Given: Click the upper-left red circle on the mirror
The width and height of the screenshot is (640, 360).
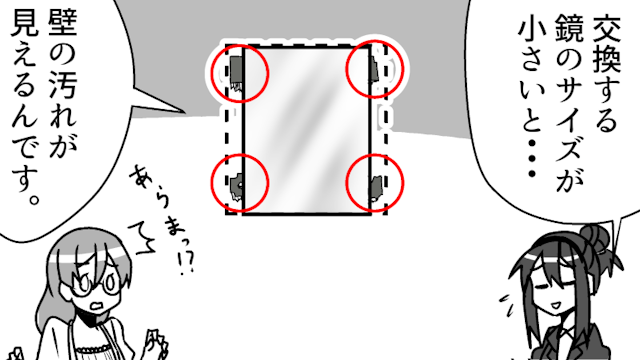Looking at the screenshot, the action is (x=212, y=73).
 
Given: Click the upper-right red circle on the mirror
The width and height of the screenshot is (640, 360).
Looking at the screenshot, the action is (x=346, y=69).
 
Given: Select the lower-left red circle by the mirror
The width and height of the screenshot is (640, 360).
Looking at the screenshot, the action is (x=211, y=182).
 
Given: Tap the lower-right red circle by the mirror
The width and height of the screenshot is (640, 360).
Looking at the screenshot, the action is (x=346, y=182).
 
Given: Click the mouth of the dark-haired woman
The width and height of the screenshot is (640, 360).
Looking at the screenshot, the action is (x=557, y=305).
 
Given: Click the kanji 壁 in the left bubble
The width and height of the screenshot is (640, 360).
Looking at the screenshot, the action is (x=62, y=23).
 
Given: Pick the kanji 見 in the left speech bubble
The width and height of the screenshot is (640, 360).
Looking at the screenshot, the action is (x=24, y=23).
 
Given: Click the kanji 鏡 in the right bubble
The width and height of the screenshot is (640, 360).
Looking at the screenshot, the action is (x=569, y=28).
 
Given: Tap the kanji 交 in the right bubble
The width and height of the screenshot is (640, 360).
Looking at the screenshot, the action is (x=607, y=29).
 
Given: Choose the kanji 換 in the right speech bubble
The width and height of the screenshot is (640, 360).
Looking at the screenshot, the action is (x=607, y=60).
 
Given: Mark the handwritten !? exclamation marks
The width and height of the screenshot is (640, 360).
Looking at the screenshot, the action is (x=186, y=262).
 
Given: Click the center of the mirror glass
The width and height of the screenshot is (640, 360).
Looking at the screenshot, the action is (x=307, y=129).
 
